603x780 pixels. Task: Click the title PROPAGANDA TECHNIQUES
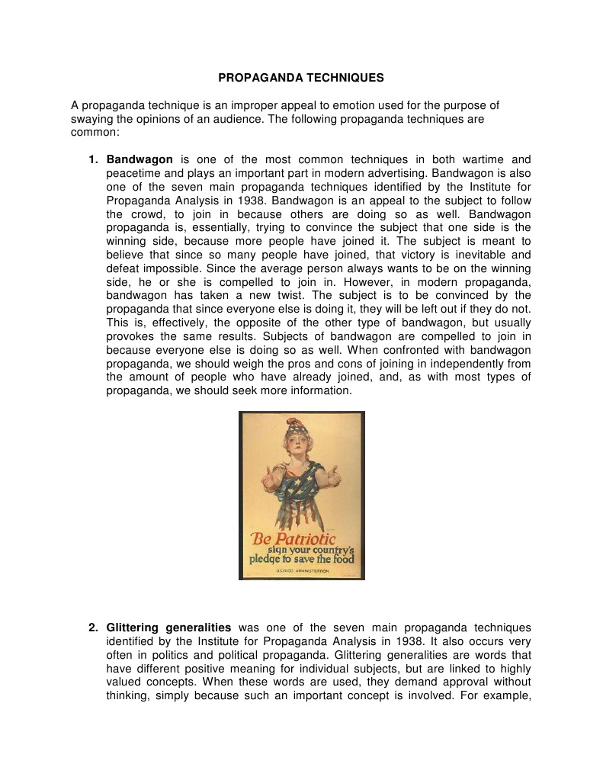coord(301,78)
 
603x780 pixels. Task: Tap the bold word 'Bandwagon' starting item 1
coord(140,160)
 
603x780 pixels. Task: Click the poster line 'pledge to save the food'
coord(301,559)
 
